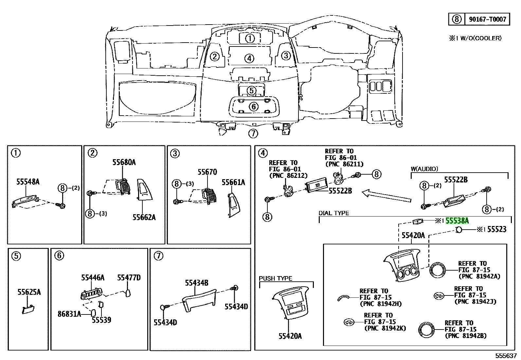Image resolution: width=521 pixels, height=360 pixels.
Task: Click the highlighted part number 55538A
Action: click(x=457, y=220)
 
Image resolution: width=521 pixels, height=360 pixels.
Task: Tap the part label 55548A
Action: click(x=28, y=181)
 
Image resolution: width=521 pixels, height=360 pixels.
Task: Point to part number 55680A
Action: click(x=124, y=162)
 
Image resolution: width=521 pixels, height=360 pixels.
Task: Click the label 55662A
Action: click(x=144, y=217)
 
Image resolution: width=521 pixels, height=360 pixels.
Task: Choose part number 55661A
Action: click(x=233, y=182)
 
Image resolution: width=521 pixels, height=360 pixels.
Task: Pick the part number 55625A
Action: click(x=29, y=292)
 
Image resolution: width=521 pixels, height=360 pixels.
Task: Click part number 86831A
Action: click(x=69, y=314)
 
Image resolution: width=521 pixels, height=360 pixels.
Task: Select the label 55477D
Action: click(x=129, y=277)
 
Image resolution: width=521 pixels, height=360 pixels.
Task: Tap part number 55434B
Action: click(x=197, y=283)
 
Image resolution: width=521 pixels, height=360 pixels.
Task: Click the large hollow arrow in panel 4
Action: click(x=386, y=196)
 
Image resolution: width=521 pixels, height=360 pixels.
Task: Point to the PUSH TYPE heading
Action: click(x=275, y=278)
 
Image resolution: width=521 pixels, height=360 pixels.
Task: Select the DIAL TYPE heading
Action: click(x=334, y=213)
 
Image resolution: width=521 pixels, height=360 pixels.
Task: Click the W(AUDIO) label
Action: click(x=424, y=169)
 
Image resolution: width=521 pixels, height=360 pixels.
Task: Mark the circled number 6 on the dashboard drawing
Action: click(x=254, y=107)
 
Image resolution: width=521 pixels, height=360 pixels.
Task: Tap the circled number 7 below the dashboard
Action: click(x=253, y=133)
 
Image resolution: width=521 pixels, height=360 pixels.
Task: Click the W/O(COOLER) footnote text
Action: click(x=481, y=38)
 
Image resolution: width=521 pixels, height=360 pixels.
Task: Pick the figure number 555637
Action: click(x=506, y=356)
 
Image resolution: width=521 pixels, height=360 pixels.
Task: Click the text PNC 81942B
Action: click(x=466, y=336)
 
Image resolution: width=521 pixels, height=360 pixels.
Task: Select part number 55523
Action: click(x=497, y=229)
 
